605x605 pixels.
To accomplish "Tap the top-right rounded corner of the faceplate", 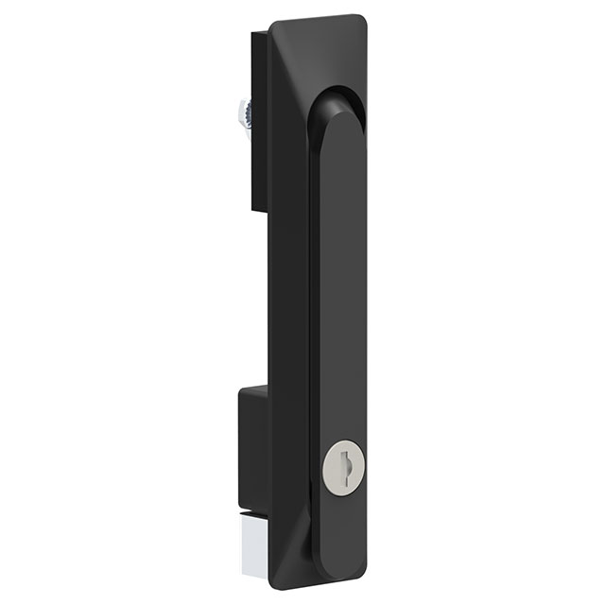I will tap(360, 20).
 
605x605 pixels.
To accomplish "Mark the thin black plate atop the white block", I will tap(251, 514).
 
